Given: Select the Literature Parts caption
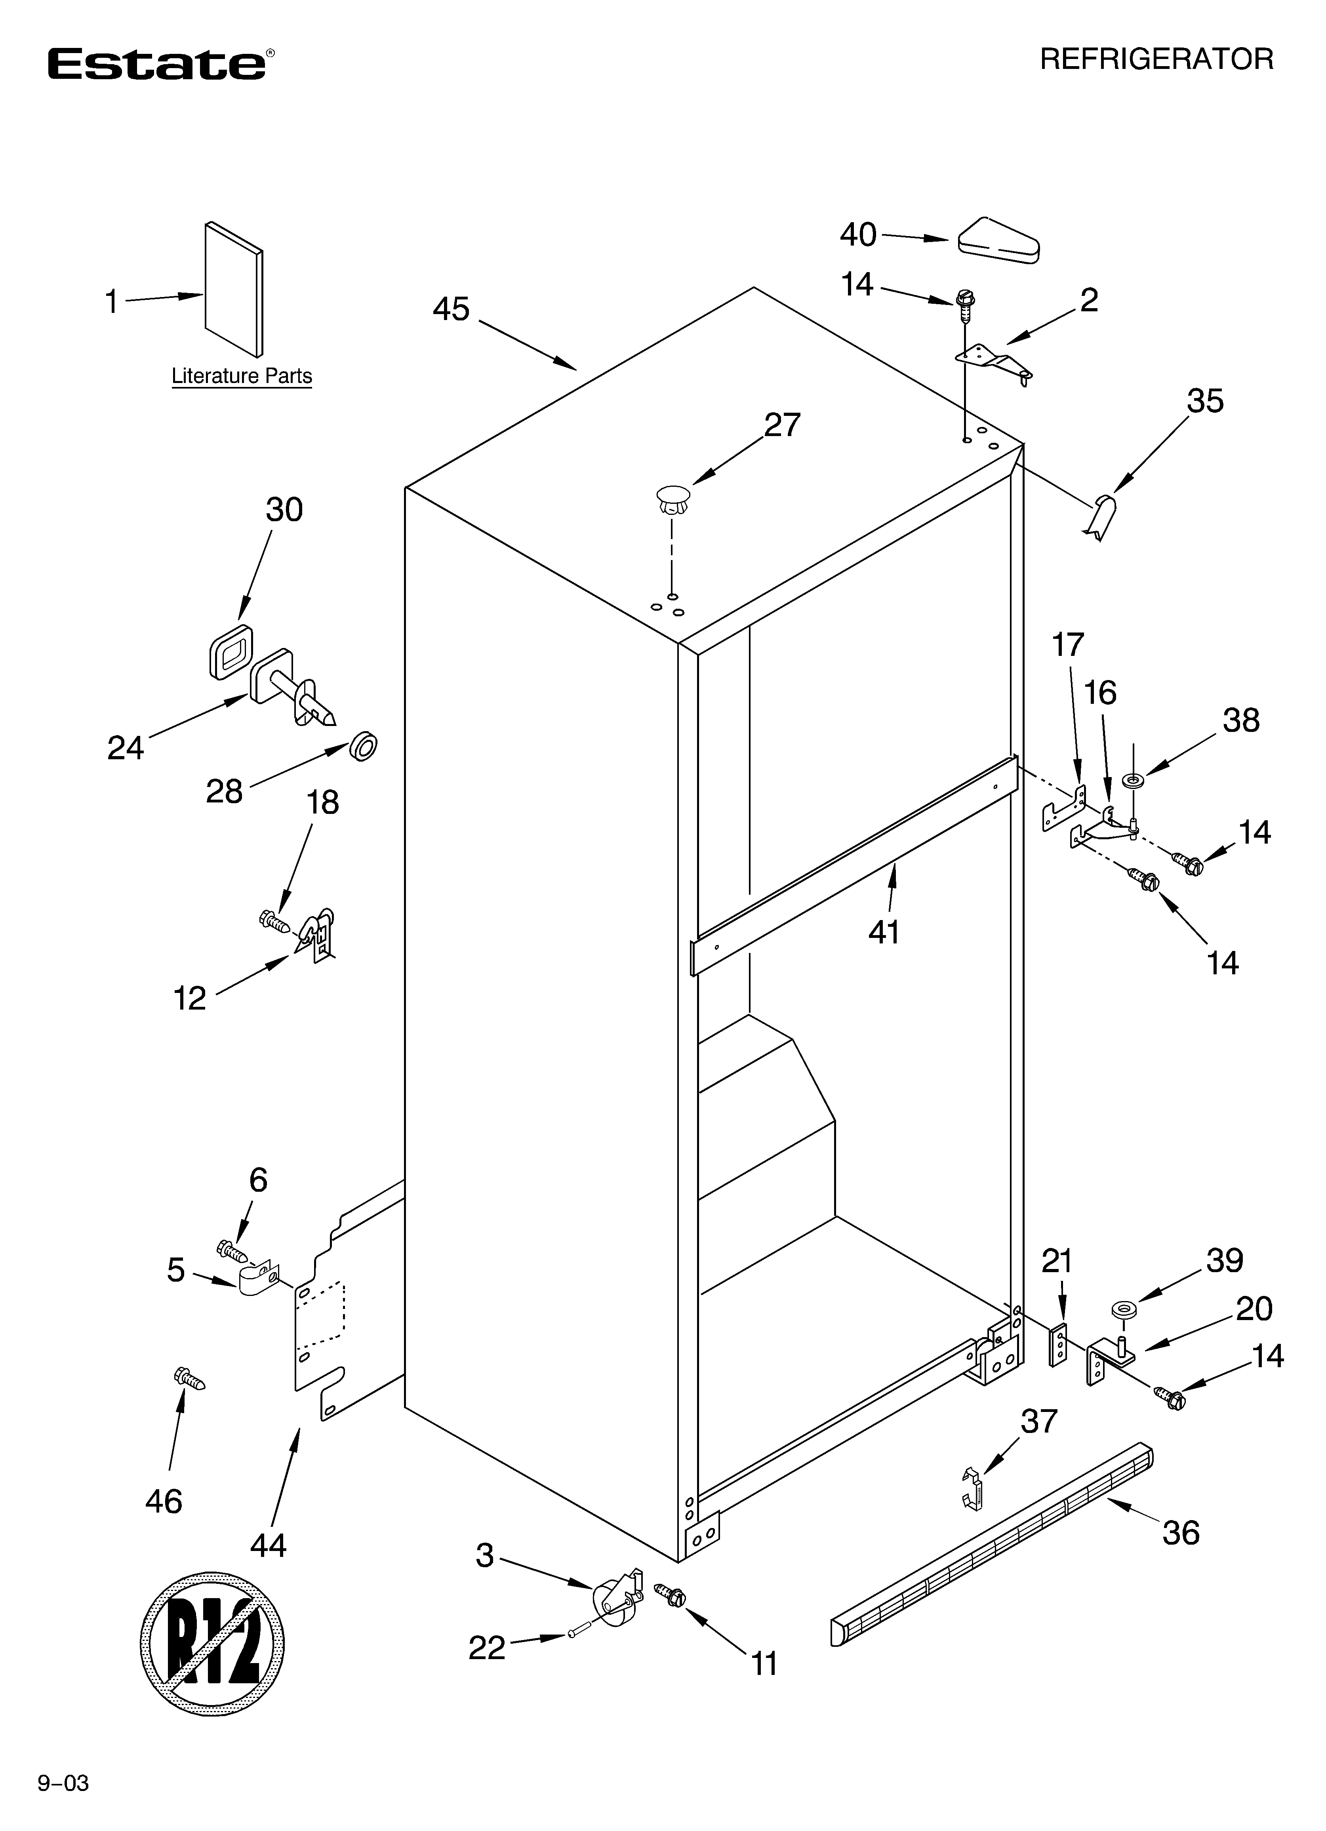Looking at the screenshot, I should (242, 376).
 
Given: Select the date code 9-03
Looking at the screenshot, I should (63, 1800).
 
